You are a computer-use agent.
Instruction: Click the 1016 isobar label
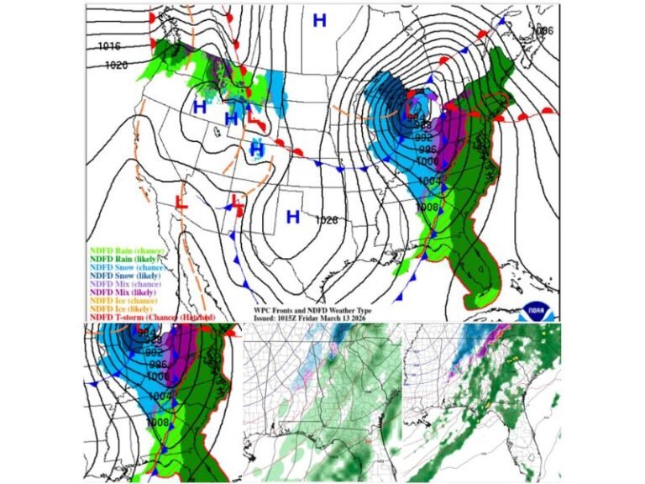point(109,46)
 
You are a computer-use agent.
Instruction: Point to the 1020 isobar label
point(117,65)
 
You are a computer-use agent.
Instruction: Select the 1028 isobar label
point(327,220)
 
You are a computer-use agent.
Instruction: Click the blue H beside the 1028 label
point(293,218)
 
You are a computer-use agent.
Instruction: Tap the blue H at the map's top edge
point(319,21)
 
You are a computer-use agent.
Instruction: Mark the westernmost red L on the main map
point(181,202)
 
